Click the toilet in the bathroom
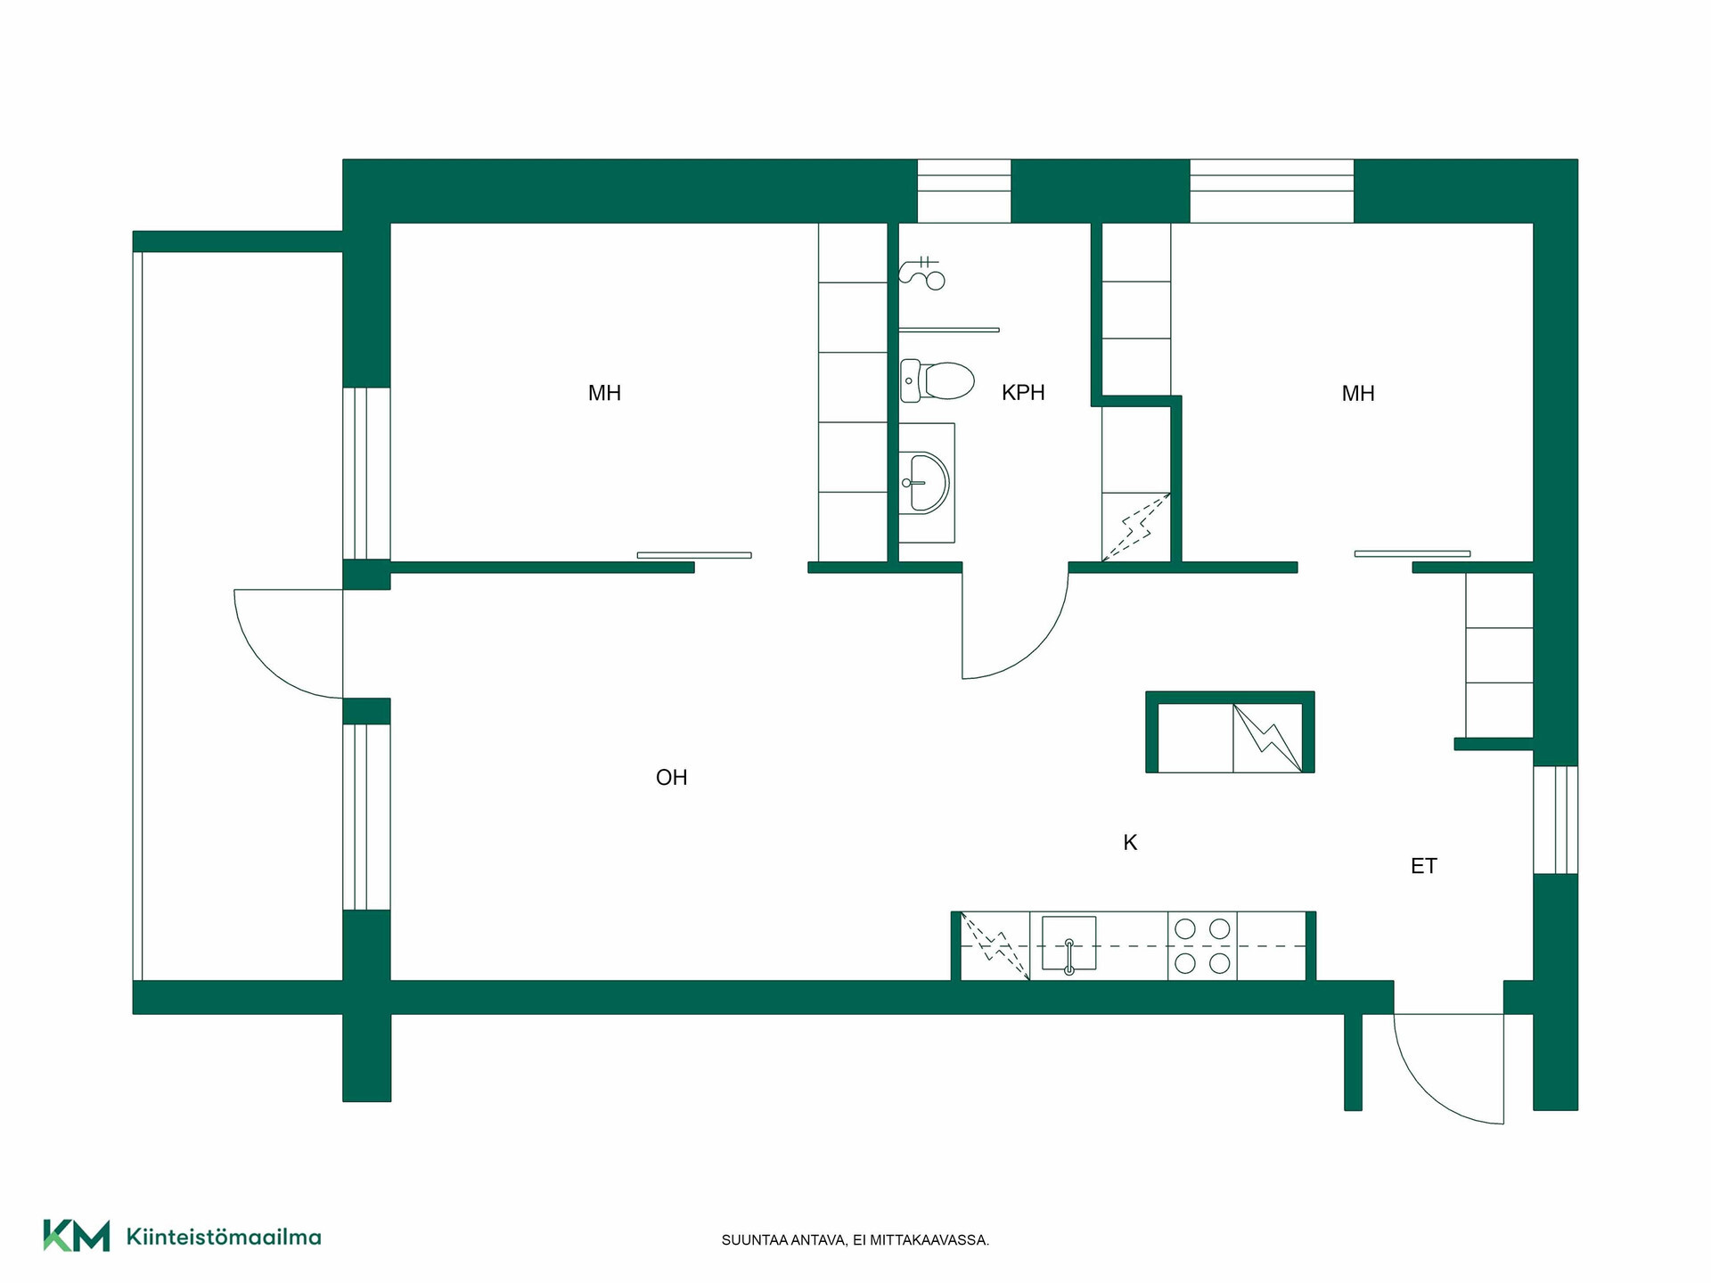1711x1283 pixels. click(x=937, y=380)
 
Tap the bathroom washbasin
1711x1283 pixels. click(x=927, y=483)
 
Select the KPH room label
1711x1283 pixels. click(x=1023, y=393)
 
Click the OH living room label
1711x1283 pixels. click(x=671, y=778)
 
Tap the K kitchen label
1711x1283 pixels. click(x=1130, y=843)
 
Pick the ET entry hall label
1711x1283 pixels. click(x=1424, y=866)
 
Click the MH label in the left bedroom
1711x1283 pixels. click(x=604, y=393)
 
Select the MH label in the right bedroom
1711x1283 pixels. click(x=1358, y=393)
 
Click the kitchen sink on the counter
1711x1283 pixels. click(x=1068, y=944)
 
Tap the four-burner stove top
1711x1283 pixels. click(x=1202, y=945)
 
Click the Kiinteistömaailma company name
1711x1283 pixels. click(x=224, y=1237)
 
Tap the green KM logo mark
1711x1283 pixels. click(x=77, y=1236)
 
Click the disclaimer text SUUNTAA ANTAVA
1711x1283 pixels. click(x=784, y=1240)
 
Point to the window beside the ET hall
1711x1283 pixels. click(x=1555, y=820)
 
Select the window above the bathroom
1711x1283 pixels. click(x=964, y=191)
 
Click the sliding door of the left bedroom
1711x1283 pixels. click(x=694, y=555)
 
